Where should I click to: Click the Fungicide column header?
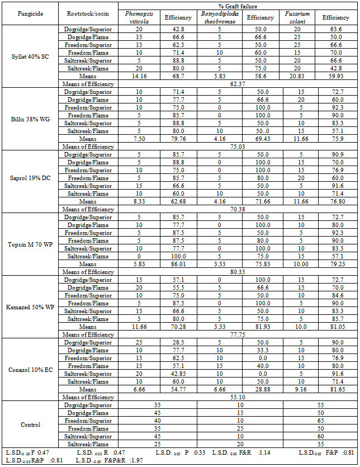[x=30, y=14]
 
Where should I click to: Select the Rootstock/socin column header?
[x=88, y=14]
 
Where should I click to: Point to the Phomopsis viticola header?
[x=139, y=17]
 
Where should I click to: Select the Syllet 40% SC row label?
[x=30, y=56]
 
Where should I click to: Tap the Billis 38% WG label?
[x=30, y=119]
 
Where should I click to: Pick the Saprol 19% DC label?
[x=30, y=182]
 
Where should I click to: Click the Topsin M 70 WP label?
[x=30, y=244]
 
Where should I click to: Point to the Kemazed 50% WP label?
[x=30, y=307]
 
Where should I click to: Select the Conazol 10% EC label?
[x=30, y=370]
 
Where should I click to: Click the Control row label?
[x=30, y=424]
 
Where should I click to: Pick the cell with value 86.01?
[x=178, y=264]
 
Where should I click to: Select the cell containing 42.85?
[x=178, y=374]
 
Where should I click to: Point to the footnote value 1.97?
[x=151, y=460]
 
